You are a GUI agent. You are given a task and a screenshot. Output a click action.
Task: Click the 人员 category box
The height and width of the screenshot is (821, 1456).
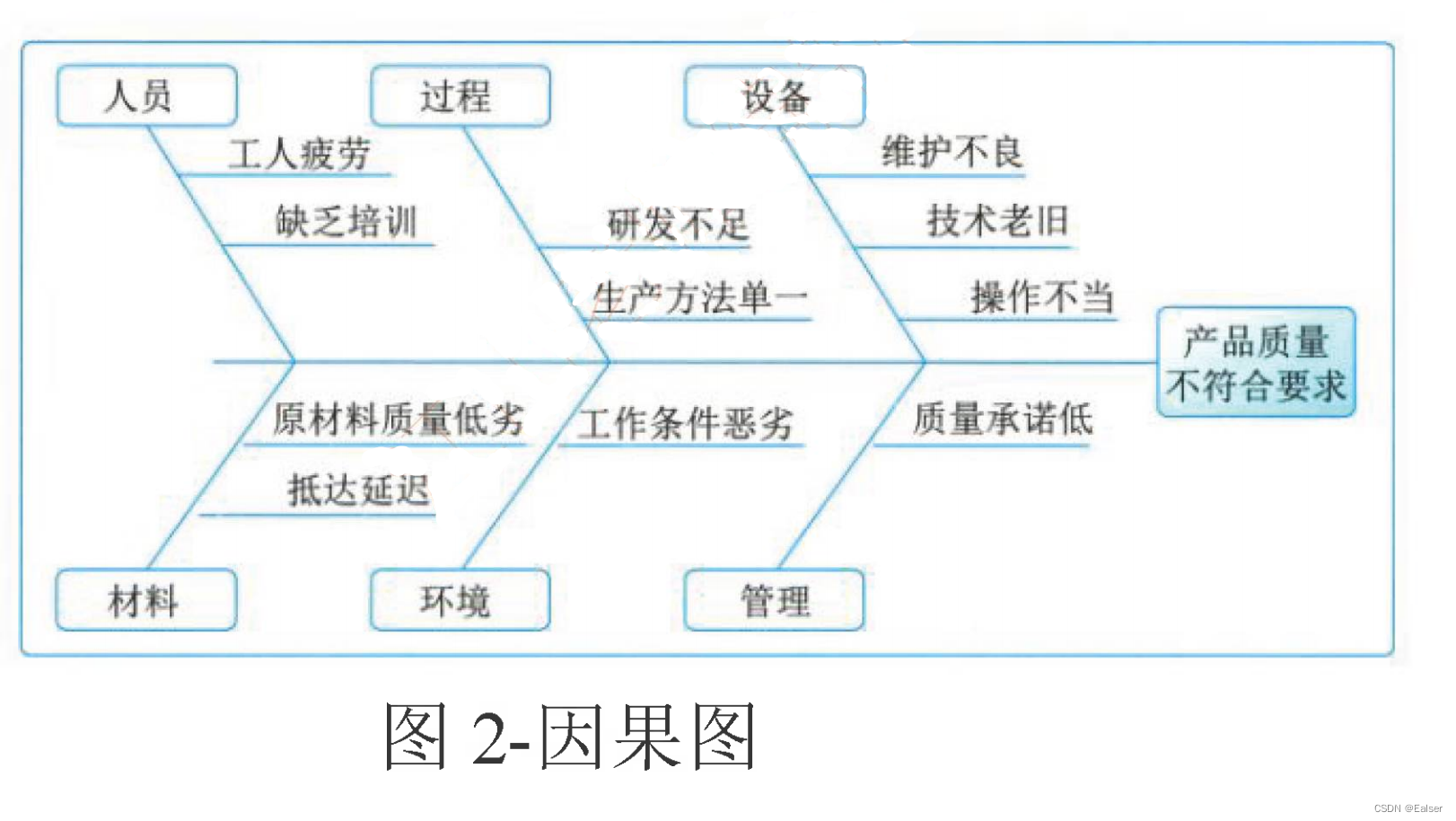click(x=146, y=95)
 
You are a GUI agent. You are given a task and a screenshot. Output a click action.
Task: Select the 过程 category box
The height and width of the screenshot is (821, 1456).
click(x=460, y=95)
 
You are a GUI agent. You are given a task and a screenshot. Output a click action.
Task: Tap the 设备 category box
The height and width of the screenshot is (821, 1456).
click(x=775, y=95)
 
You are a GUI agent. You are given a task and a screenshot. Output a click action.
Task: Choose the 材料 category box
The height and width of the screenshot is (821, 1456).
click(x=145, y=599)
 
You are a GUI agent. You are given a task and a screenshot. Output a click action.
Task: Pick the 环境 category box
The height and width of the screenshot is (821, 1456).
click(x=460, y=599)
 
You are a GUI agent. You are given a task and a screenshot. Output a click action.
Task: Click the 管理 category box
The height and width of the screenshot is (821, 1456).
click(x=774, y=599)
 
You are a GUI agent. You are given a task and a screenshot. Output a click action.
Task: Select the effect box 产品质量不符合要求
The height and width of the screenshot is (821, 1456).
click(x=1256, y=363)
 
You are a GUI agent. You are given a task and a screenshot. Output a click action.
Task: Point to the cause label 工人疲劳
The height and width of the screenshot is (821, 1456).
click(x=299, y=153)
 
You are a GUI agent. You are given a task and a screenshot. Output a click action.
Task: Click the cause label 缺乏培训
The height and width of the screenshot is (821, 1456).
click(x=346, y=221)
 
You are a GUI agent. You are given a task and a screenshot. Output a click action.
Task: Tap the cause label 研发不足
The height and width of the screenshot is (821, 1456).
click(x=679, y=224)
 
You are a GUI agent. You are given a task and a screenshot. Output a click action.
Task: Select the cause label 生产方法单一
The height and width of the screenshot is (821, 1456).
click(x=700, y=297)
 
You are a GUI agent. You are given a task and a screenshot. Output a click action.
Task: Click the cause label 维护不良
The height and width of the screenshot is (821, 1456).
click(x=952, y=152)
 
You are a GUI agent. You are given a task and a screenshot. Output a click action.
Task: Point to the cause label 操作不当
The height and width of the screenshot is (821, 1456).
click(x=1042, y=296)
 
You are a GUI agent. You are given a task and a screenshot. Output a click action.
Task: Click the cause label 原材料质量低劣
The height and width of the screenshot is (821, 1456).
click(x=399, y=419)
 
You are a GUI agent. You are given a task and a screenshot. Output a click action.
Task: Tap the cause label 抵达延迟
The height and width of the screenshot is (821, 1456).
click(x=358, y=490)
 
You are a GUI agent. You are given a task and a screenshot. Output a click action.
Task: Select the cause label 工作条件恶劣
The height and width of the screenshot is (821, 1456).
click(x=686, y=423)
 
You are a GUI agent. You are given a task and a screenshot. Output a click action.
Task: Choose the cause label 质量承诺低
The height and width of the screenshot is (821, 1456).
click(x=1003, y=419)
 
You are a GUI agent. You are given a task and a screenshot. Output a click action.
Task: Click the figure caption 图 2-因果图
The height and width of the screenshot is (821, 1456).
click(x=571, y=737)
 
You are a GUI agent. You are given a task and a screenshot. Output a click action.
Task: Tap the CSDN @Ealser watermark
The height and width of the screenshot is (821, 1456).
click(x=1408, y=808)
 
